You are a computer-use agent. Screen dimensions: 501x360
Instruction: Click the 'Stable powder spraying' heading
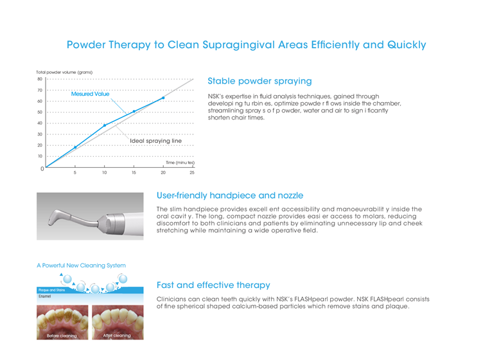click(259, 81)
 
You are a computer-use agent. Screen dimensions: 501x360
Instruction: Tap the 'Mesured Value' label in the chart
click(90, 94)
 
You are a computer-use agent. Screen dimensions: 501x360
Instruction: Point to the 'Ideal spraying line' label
click(155, 141)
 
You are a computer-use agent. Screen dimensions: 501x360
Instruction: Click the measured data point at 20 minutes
click(163, 98)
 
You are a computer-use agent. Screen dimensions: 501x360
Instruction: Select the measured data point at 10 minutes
click(105, 125)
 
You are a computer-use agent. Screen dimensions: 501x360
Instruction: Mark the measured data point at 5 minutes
click(75, 147)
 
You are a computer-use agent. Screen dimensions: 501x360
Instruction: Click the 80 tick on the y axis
click(40, 79)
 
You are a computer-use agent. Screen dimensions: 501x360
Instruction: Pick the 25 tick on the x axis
click(192, 173)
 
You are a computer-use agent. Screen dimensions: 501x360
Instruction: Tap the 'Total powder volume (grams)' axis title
click(64, 72)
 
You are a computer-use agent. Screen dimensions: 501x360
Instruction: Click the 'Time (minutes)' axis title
click(180, 163)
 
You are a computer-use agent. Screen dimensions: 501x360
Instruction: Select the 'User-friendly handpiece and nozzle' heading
click(230, 195)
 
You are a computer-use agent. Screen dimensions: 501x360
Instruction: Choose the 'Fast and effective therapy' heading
click(213, 285)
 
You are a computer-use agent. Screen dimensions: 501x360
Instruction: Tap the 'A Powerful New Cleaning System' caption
click(81, 265)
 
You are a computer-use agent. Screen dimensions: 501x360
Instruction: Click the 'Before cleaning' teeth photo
click(62, 322)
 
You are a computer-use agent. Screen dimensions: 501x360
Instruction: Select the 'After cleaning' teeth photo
click(118, 322)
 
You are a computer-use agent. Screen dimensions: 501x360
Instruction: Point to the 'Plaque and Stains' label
click(51, 290)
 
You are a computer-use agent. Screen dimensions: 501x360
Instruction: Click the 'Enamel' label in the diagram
click(45, 296)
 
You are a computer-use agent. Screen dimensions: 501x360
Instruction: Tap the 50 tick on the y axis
click(40, 113)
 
